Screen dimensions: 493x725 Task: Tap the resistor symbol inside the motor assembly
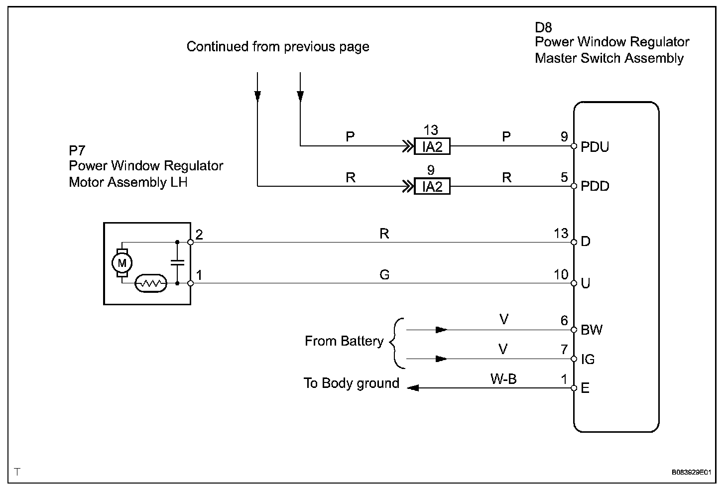[x=151, y=283]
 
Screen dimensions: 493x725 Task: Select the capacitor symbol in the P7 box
[x=177, y=262]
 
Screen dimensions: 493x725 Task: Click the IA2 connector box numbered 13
[x=432, y=146]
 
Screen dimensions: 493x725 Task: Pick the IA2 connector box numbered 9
[x=432, y=187]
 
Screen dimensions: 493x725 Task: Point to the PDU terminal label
[x=595, y=147]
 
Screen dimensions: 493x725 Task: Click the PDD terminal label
[x=595, y=187]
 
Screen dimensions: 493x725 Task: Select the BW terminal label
[x=592, y=330]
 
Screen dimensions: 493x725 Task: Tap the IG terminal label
[x=588, y=360]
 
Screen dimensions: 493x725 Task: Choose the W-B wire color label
[x=503, y=379]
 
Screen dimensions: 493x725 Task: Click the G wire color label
[x=384, y=274]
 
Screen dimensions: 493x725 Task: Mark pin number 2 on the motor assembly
[x=199, y=235]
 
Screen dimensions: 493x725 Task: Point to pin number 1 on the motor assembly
[x=199, y=275]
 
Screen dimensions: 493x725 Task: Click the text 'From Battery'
[x=344, y=341]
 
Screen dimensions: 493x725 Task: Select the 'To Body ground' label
[x=352, y=383]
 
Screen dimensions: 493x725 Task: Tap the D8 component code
[x=543, y=27]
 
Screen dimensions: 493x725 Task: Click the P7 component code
[x=78, y=150]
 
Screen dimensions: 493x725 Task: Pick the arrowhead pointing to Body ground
[x=412, y=388]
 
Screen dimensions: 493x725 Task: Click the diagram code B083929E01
[x=690, y=472]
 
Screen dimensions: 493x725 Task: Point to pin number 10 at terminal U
[x=561, y=274]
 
